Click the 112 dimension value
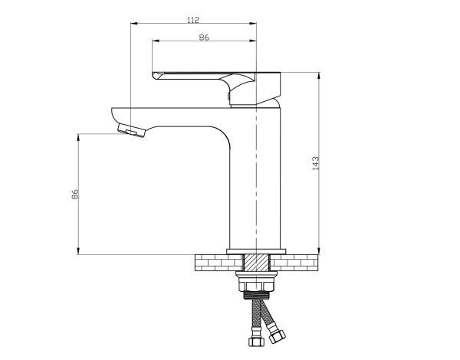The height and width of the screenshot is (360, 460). point(193,20)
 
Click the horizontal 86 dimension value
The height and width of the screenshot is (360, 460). point(204,38)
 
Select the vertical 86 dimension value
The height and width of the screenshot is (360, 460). point(75,194)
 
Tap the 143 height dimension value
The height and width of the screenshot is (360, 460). point(316,163)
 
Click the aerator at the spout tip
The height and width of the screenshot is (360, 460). point(131,130)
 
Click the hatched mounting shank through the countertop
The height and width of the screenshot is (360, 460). point(256,263)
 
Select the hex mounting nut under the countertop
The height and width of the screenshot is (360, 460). point(256,286)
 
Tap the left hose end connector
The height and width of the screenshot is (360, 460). point(256,342)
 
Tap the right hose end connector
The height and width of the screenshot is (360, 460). point(278,336)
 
